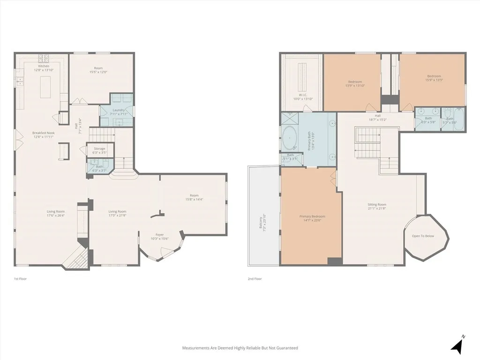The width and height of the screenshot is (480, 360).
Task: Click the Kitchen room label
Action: [x=44, y=66]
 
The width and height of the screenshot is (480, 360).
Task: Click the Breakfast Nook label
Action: [x=44, y=133]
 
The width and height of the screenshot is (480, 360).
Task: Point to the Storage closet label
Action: [x=99, y=149]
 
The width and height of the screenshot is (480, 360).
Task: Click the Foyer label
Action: [x=160, y=235]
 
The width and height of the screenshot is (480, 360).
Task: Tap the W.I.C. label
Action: [x=302, y=95]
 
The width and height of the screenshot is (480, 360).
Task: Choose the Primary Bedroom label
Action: [x=312, y=216]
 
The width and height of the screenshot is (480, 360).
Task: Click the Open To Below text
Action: [x=423, y=236]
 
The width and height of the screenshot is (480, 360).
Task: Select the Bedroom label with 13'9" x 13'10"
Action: [x=355, y=82]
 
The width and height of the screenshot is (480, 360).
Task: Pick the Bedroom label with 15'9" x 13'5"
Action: [x=434, y=76]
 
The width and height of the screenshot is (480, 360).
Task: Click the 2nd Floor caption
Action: [x=255, y=279]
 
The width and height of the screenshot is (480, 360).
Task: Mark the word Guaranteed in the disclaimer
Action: [x=286, y=348]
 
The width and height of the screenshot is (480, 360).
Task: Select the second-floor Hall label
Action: [x=377, y=116]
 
